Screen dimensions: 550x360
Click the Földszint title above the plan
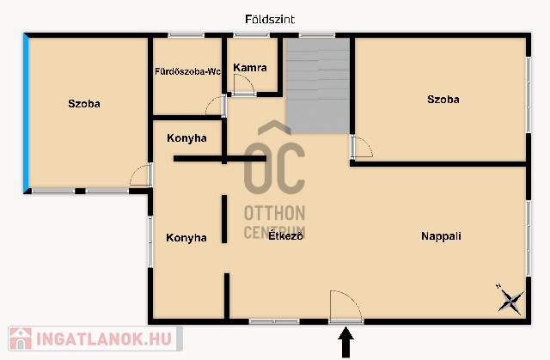point(270,19)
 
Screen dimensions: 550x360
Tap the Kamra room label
point(250,68)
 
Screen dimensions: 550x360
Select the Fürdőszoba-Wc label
point(187,71)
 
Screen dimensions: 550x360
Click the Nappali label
point(441,236)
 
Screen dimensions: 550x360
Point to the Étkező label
point(285,235)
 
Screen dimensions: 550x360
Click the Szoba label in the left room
point(84,104)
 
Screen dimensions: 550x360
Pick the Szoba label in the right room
point(443,100)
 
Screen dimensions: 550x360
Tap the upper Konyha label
point(186,138)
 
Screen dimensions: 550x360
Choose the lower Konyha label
point(186,238)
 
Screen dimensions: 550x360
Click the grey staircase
point(318,86)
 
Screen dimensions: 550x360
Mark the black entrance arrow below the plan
point(345,342)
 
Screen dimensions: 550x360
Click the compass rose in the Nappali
point(510,300)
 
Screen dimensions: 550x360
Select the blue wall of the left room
point(26,113)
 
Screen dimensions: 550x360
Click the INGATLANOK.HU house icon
point(21,339)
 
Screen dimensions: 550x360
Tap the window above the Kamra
point(252,35)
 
